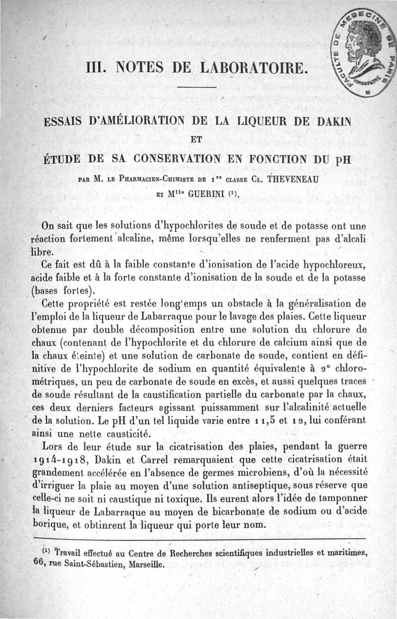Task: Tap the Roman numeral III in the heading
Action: pyautogui.click(x=95, y=67)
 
